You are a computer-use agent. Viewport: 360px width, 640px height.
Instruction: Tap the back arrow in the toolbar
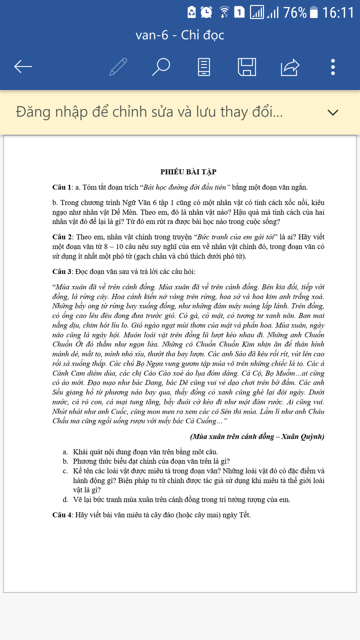pyautogui.click(x=23, y=66)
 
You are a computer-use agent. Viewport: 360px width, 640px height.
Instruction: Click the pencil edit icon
pyautogui.click(x=118, y=67)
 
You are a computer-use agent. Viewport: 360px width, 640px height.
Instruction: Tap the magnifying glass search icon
pyautogui.click(x=161, y=67)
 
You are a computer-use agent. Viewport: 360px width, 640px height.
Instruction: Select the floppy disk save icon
pyautogui.click(x=247, y=67)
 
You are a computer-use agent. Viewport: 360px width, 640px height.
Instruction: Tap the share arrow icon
pyautogui.click(x=290, y=67)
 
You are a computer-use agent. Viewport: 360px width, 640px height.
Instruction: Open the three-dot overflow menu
pyautogui.click(x=333, y=67)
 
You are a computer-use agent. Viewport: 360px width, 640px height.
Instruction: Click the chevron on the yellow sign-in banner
pyautogui.click(x=333, y=113)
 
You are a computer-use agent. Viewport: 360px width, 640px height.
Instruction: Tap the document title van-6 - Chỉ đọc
pyautogui.click(x=180, y=35)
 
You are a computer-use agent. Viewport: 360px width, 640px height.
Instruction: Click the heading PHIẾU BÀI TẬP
pyautogui.click(x=188, y=172)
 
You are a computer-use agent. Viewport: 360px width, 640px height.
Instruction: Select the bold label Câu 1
pyautogui.click(x=62, y=187)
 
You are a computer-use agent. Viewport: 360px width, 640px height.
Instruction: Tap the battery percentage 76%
pyautogui.click(x=295, y=13)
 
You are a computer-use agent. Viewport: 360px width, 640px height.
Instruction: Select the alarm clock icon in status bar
pyautogui.click(x=206, y=12)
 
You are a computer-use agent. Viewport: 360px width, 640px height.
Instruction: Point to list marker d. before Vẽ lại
pyautogui.click(x=65, y=500)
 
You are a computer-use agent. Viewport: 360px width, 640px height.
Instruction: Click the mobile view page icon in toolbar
pyautogui.click(x=204, y=67)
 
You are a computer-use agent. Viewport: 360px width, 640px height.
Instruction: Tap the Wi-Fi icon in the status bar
pyautogui.click(x=224, y=12)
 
